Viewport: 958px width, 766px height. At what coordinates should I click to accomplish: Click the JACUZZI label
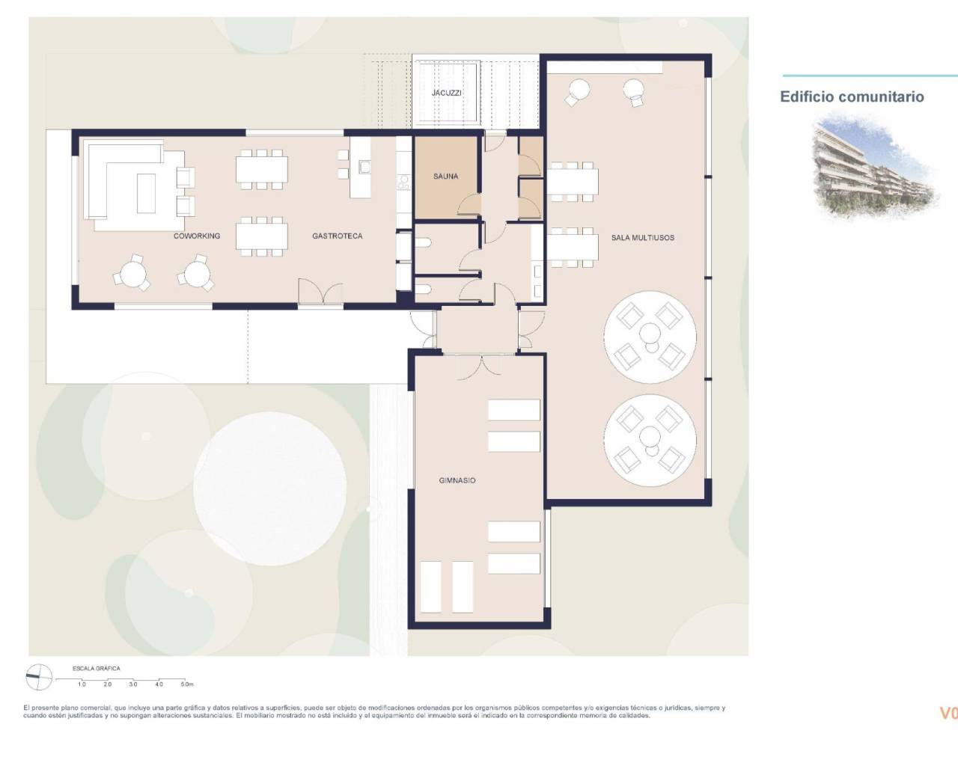coord(446,93)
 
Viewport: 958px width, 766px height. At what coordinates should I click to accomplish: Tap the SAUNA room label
coord(445,177)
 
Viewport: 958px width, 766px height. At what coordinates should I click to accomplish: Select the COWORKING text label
coord(197,236)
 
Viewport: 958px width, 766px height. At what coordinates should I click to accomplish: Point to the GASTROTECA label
coord(337,236)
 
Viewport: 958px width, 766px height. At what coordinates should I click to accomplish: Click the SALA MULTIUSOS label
coord(642,238)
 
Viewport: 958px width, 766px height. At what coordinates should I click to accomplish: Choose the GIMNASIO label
coord(457,480)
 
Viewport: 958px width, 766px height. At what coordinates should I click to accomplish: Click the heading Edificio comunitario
coord(852,96)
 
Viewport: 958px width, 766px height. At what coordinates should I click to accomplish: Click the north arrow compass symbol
coord(39,678)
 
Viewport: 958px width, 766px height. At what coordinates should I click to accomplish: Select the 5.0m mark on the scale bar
coord(186,684)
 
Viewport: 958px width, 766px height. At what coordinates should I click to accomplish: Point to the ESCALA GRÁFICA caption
coord(96,668)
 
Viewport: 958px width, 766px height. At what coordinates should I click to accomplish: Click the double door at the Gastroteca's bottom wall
coord(320,292)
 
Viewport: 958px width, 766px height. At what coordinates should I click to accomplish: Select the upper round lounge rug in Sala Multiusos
coord(650,336)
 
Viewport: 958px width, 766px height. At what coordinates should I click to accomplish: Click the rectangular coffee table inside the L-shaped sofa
coord(145,194)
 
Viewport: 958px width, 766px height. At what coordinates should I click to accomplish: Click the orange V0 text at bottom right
coord(948,713)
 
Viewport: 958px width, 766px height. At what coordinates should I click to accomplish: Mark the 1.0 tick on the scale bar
coord(82,684)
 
